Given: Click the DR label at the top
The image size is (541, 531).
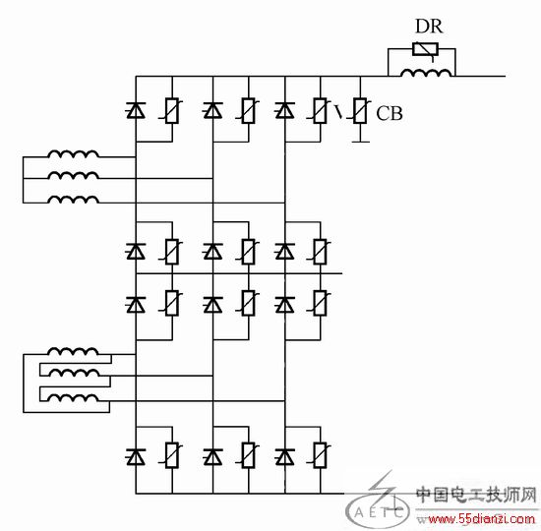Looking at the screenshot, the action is (x=429, y=27).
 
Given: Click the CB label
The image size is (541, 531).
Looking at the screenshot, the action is (x=390, y=113).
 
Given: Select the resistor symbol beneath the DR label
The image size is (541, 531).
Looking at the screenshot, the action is (x=425, y=49).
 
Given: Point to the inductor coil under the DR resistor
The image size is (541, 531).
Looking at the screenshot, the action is (x=426, y=73).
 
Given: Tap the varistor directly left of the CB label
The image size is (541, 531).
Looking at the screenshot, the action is (x=359, y=111).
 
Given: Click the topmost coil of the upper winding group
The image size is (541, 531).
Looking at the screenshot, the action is (x=73, y=153).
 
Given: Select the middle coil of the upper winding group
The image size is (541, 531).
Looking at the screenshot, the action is (x=73, y=175).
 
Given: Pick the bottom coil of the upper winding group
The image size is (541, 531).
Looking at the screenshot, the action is (x=73, y=200).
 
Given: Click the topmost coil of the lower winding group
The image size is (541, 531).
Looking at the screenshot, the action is (x=73, y=351).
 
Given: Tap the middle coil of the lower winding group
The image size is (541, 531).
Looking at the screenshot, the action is (x=73, y=373).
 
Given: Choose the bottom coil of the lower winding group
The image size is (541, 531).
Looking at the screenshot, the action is (x=73, y=398).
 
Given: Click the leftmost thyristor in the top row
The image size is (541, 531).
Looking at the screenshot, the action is (x=136, y=110).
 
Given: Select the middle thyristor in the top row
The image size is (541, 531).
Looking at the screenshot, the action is (x=212, y=110).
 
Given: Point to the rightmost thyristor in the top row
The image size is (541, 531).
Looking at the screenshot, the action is (x=284, y=110).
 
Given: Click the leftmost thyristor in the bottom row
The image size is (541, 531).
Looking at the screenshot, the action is (x=136, y=457).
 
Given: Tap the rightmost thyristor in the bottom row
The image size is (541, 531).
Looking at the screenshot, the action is (x=284, y=457).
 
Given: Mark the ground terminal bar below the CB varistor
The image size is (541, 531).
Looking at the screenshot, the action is (x=360, y=142).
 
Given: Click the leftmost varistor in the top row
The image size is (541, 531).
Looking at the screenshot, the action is (x=171, y=111).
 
